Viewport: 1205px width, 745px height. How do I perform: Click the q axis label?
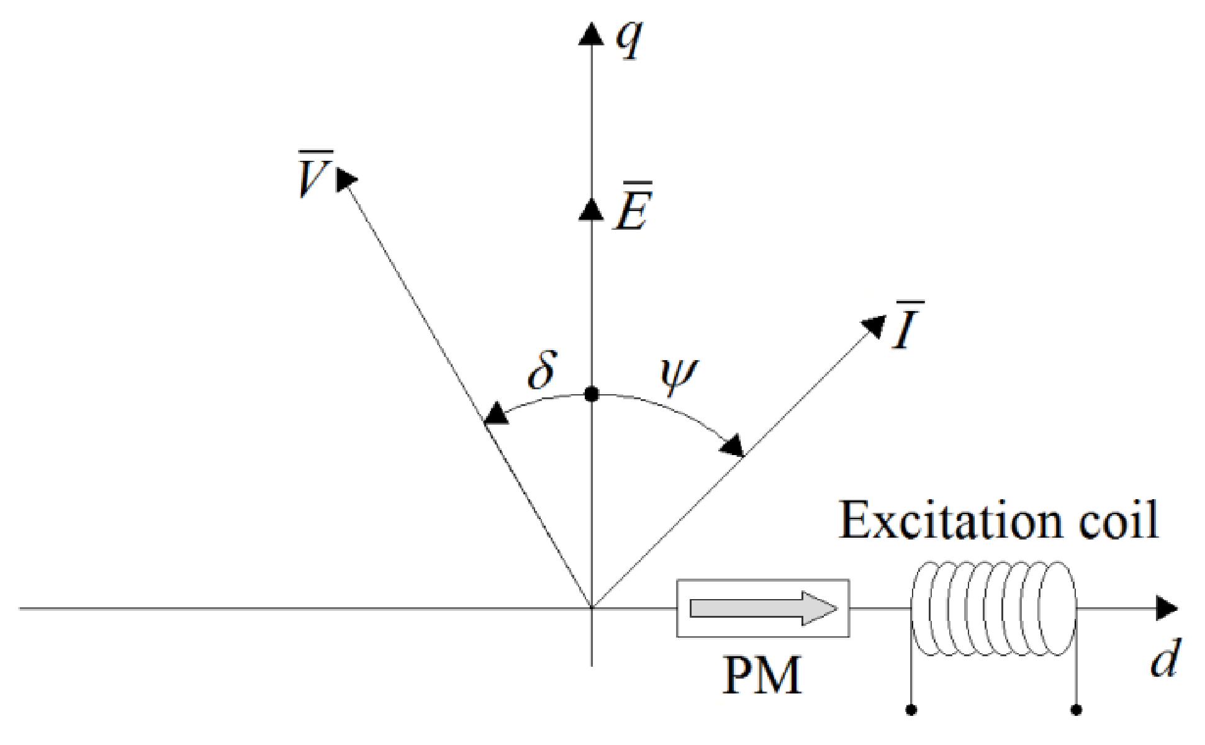point(630,38)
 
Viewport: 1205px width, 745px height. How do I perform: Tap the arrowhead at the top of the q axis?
point(591,34)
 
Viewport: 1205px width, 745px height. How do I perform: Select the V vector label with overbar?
point(315,175)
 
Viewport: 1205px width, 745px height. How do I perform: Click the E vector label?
point(633,207)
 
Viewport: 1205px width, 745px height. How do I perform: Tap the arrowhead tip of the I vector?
point(874,326)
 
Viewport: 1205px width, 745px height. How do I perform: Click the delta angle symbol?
point(542,371)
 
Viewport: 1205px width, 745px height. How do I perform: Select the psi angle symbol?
point(679,375)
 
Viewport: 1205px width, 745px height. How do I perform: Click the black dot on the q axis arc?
point(592,394)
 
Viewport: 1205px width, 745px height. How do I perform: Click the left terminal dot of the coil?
point(911,710)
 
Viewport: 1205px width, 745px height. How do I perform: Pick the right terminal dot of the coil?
point(1076,710)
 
